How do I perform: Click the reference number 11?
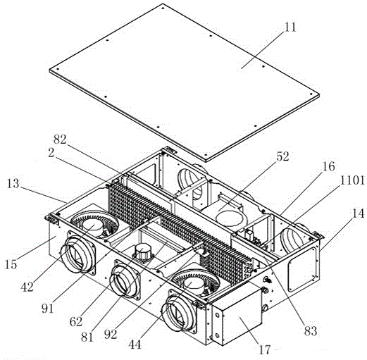[290, 27]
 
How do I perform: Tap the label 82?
[60, 139]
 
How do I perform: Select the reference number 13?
[13, 183]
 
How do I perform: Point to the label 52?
[282, 156]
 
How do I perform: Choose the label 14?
[358, 213]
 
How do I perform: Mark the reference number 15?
[11, 264]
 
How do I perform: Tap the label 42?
[27, 287]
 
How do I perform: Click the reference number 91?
[48, 309]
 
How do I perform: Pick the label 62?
[76, 321]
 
